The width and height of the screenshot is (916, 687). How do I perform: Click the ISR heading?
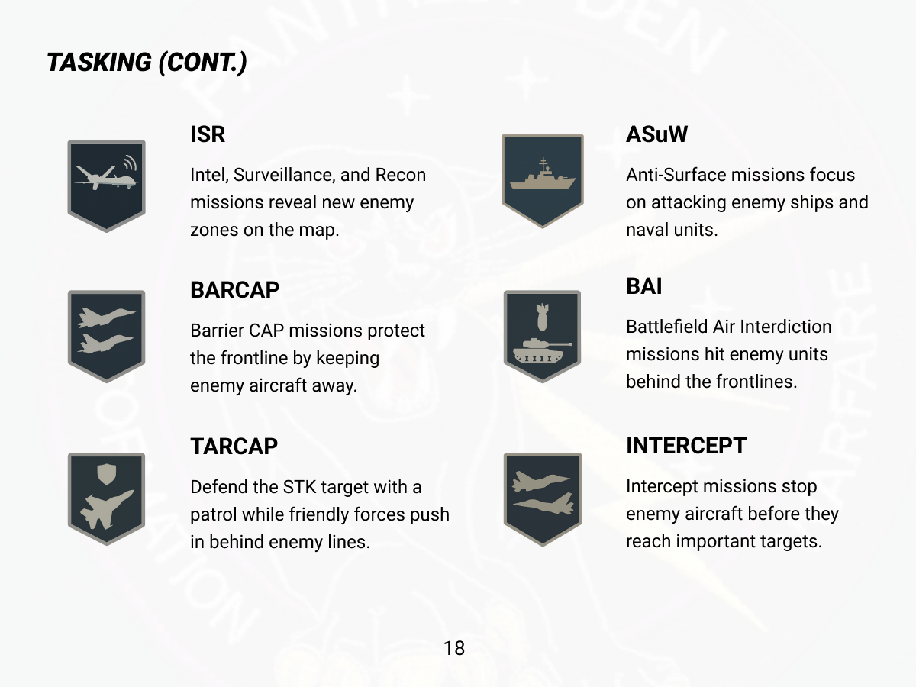208,134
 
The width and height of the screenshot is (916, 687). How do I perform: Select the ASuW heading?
657,134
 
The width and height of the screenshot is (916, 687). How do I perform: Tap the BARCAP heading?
234,290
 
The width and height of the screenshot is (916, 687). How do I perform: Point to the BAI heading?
644,286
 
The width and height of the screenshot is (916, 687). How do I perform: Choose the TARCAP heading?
234,447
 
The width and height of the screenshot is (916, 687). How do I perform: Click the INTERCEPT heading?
686,446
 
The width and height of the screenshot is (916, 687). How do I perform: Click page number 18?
454,648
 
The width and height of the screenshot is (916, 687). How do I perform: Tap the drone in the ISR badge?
106,178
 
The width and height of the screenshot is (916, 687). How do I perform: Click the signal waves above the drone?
131,163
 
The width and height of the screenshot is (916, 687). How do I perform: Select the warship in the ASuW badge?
543,174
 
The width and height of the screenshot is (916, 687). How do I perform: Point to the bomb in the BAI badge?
542,317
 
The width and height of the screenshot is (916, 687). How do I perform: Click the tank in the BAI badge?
542,350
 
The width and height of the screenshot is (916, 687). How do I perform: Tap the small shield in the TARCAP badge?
106,474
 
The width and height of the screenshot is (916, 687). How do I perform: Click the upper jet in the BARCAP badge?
106,318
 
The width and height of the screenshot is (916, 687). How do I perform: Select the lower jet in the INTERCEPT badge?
543,504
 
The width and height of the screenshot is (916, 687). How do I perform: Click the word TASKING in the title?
99,63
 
